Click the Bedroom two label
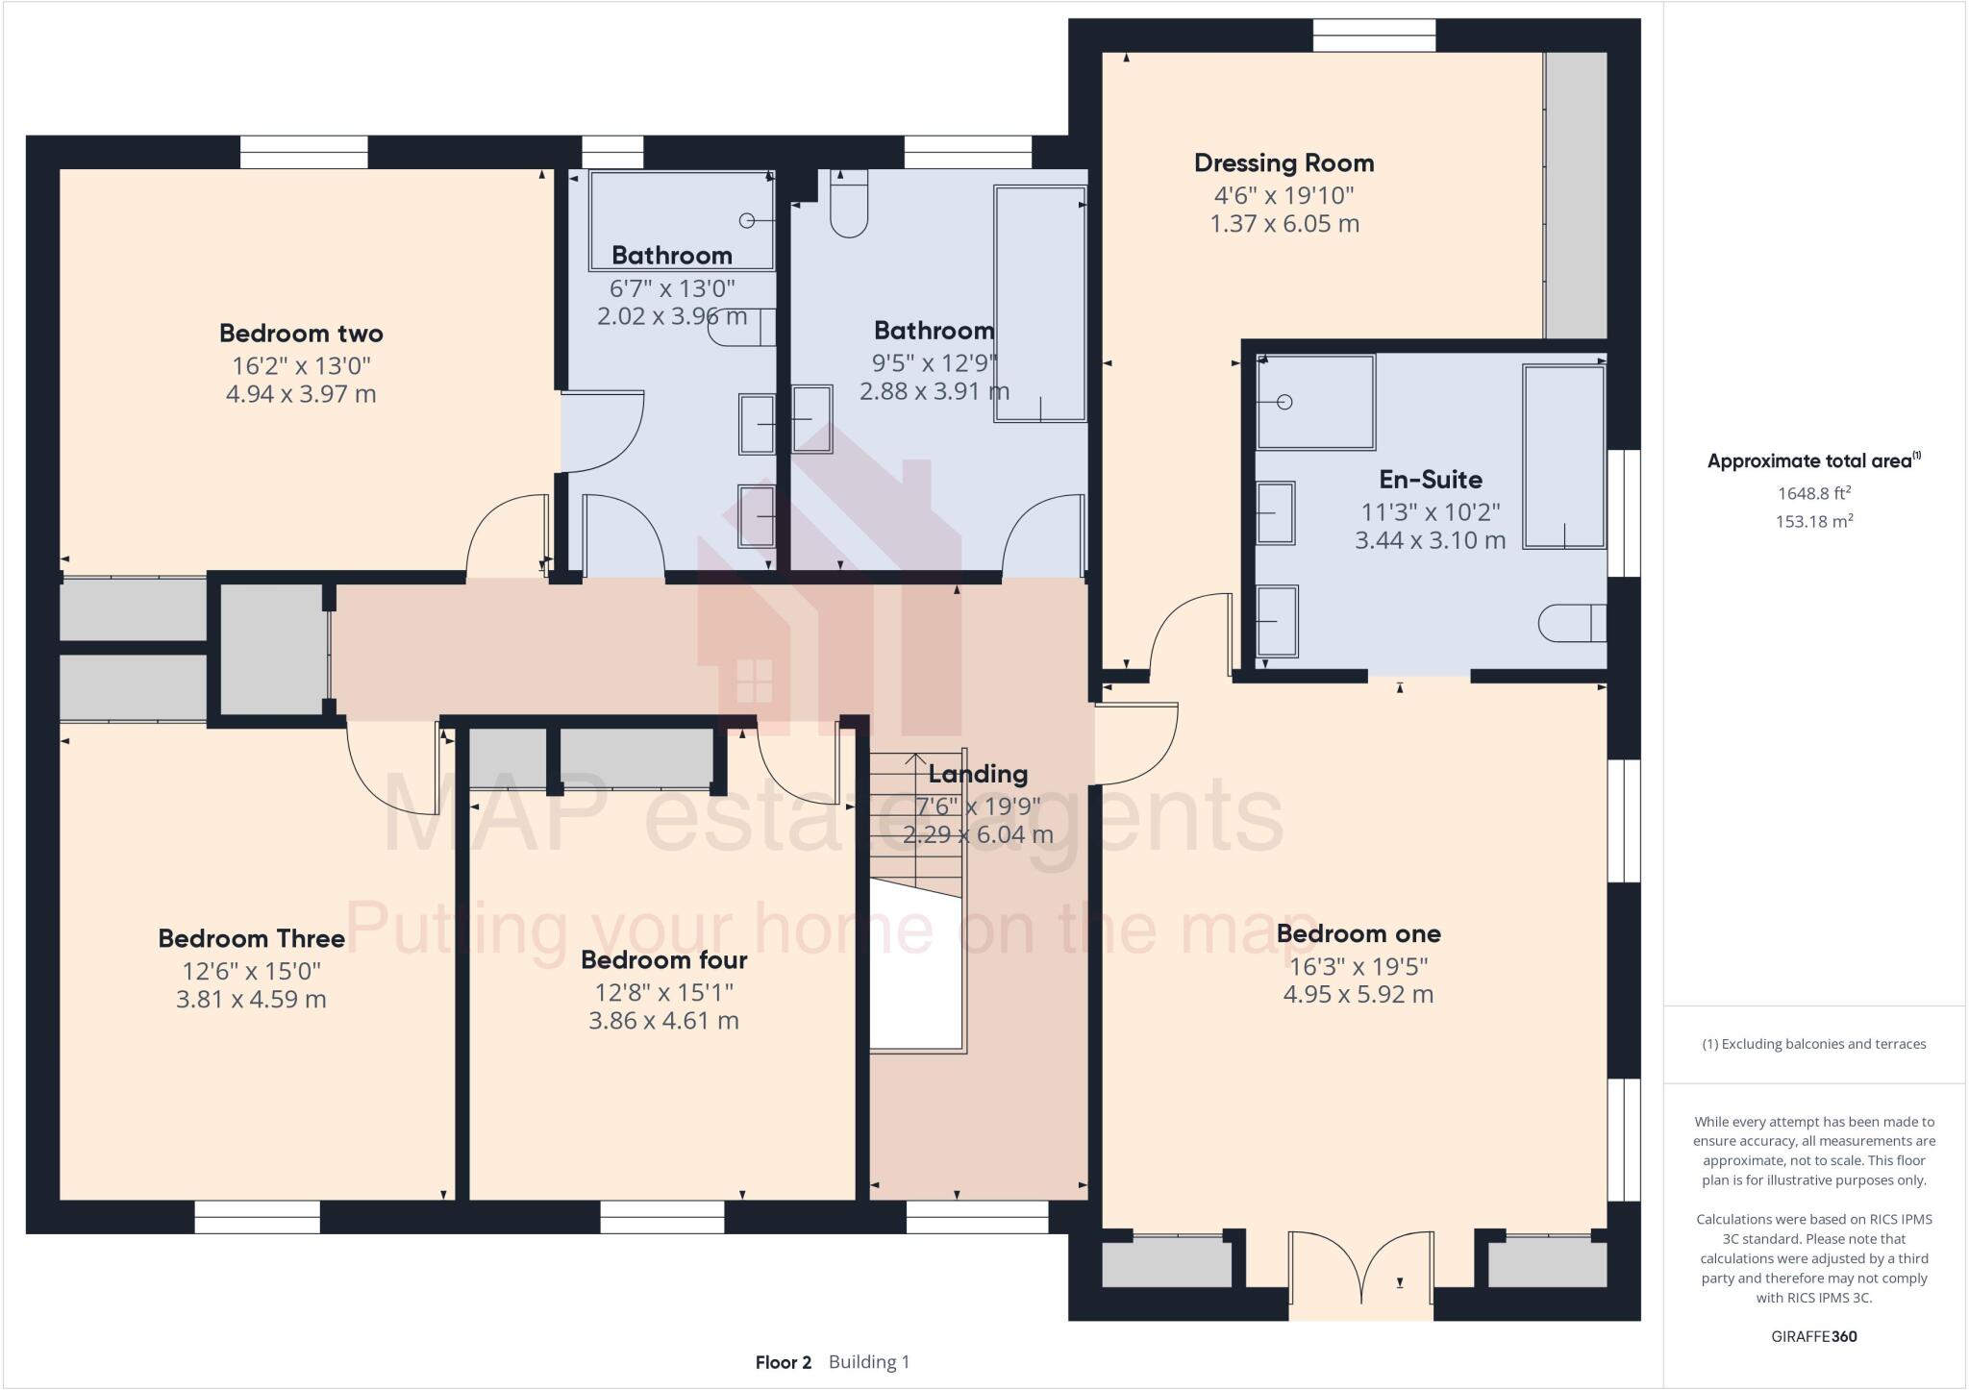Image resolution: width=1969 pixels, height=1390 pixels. click(301, 334)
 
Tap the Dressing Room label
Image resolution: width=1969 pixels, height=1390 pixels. click(1284, 163)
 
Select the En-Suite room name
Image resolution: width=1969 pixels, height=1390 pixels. click(1430, 480)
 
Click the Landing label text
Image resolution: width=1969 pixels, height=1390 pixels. click(978, 774)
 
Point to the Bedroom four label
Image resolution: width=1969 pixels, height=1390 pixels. click(663, 960)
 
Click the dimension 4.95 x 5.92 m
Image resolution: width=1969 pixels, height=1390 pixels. click(1358, 995)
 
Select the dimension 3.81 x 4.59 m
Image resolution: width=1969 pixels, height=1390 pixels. click(251, 1000)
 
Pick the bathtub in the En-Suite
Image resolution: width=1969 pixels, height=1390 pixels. click(1563, 457)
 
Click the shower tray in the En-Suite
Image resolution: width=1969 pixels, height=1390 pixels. click(1315, 401)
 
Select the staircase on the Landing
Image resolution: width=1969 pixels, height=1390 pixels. click(915, 827)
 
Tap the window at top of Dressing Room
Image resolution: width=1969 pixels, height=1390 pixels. click(1374, 36)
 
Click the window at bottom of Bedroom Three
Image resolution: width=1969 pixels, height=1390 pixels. click(257, 1217)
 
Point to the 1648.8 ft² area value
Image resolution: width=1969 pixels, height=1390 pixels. click(1813, 494)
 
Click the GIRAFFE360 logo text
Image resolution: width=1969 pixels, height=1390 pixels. click(1813, 1336)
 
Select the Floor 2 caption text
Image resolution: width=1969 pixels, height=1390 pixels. click(783, 1362)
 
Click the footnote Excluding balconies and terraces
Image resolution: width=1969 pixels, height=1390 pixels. click(1813, 1044)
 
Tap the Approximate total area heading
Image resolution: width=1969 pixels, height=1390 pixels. click(1812, 461)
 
